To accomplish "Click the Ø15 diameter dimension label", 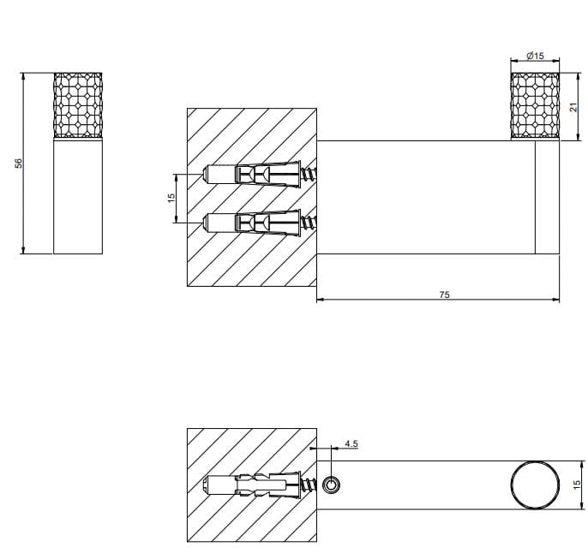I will click(535, 56).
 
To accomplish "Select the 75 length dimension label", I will click(444, 294).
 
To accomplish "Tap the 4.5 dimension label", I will click(351, 443).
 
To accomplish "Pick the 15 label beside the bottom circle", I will click(576, 485).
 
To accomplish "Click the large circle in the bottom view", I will click(533, 485).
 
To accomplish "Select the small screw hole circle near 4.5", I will click(333, 485).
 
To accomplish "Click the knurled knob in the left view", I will click(78, 106).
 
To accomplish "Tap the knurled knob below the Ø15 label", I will click(535, 106).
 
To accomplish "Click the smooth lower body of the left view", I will click(78, 196).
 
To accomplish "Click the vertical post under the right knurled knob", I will click(547, 196).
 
